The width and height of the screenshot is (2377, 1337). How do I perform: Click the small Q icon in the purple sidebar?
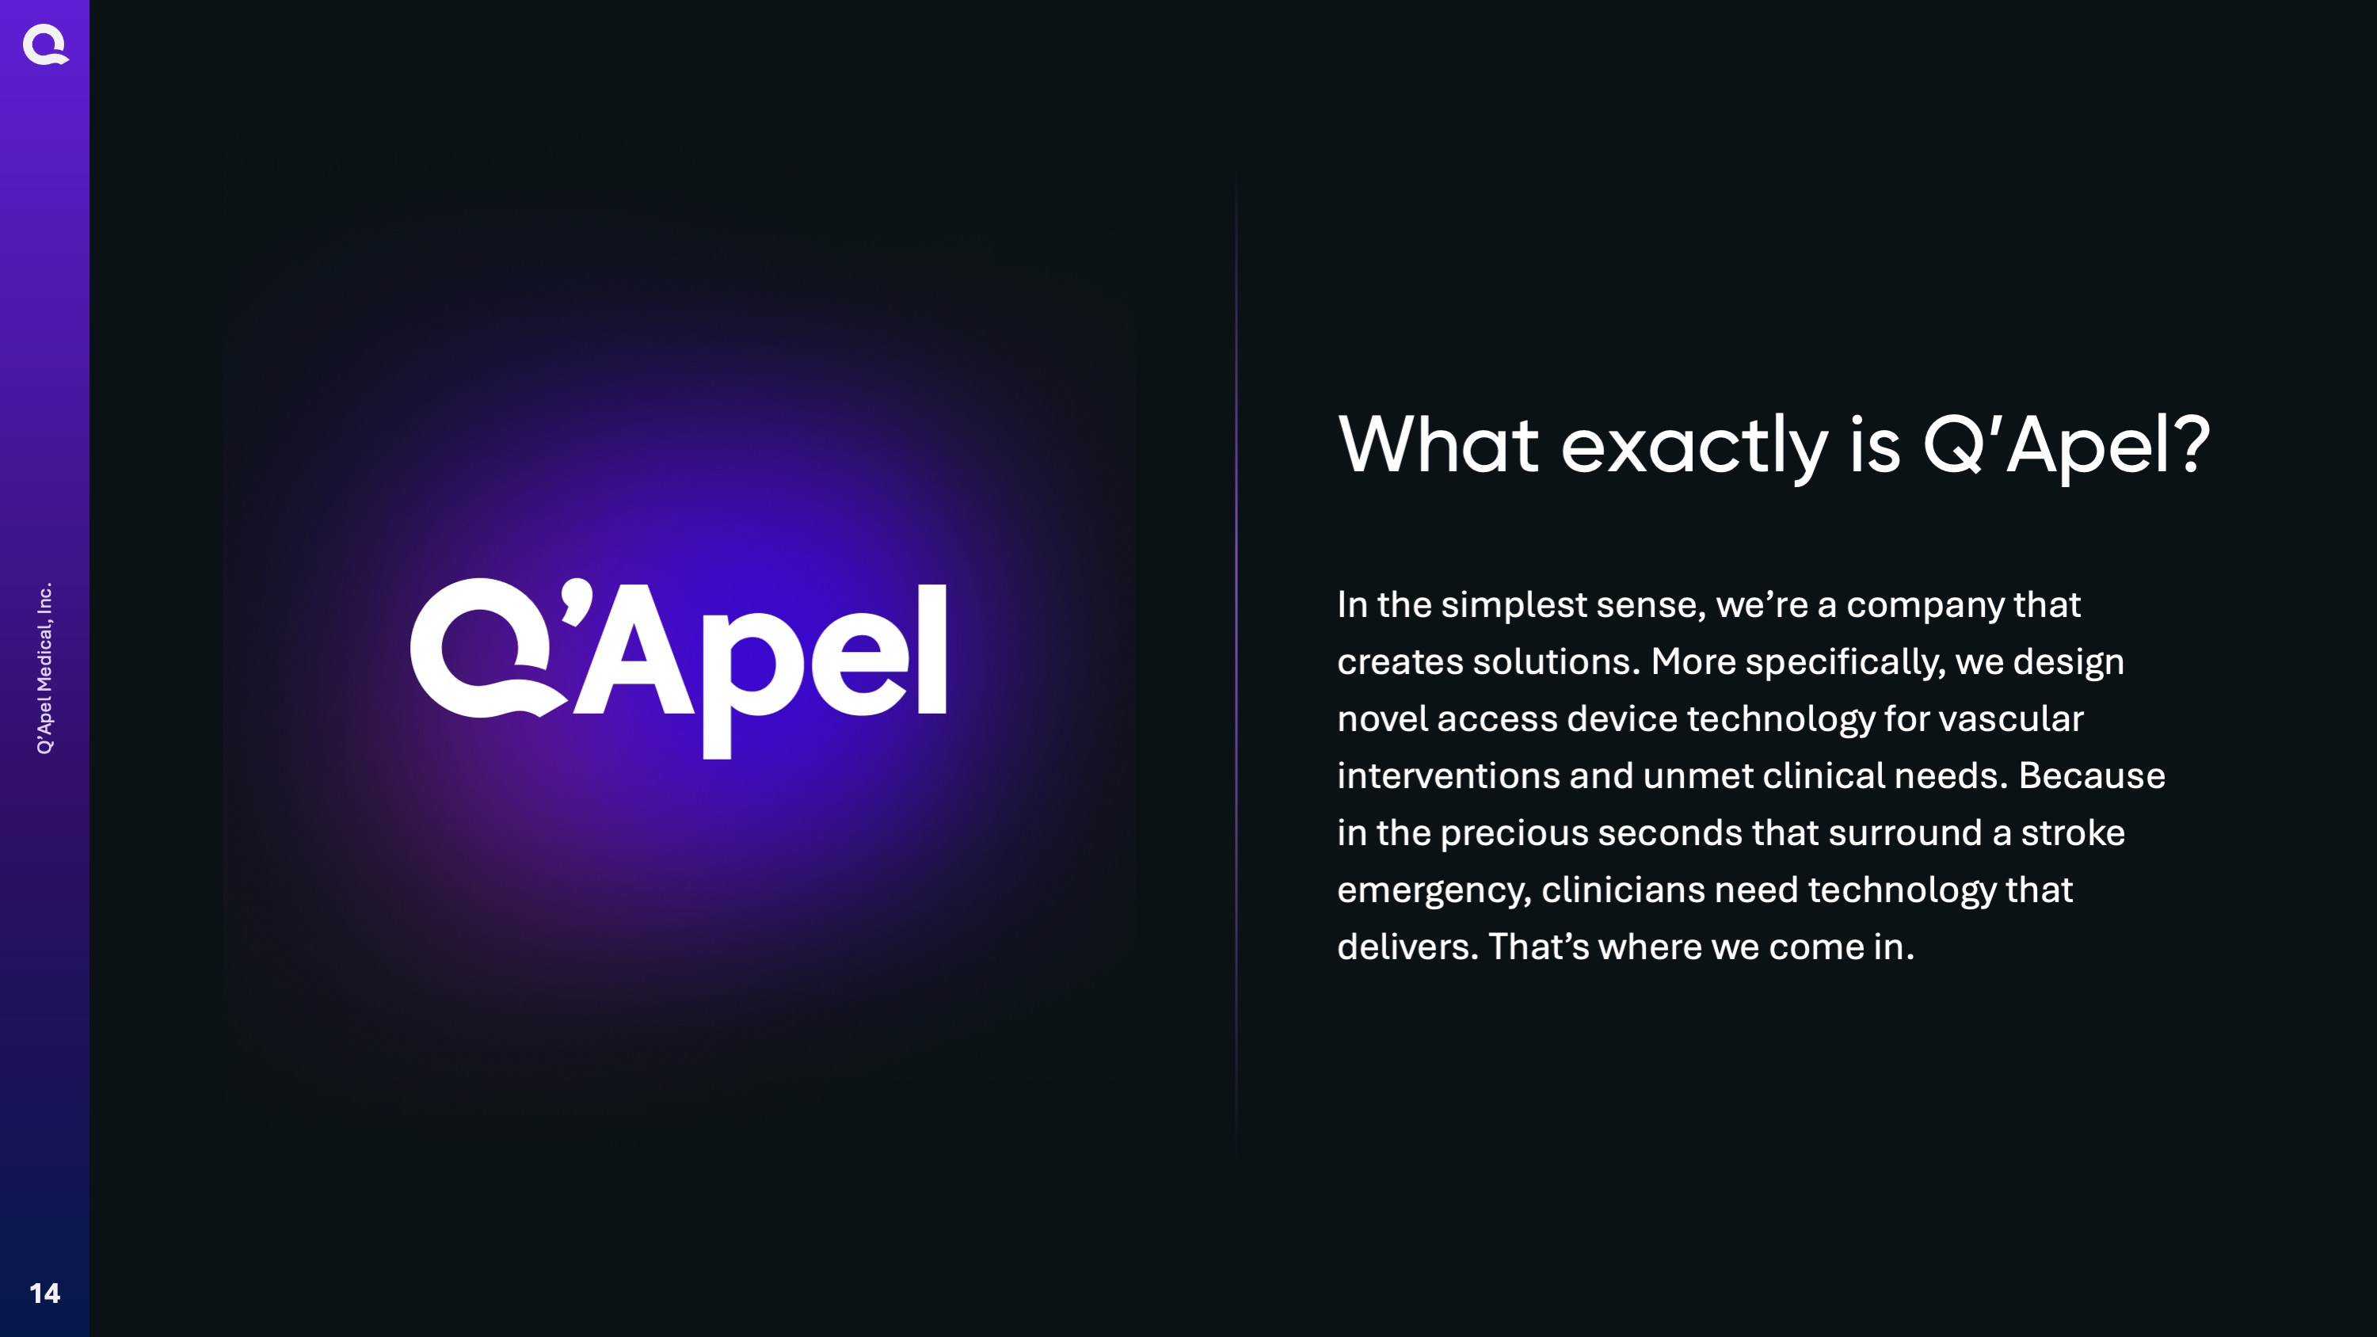tap(45, 45)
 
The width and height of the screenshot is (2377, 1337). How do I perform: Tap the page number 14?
tap(44, 1293)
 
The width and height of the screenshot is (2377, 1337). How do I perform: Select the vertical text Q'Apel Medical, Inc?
tap(44, 668)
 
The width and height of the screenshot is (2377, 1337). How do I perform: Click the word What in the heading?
tap(1438, 445)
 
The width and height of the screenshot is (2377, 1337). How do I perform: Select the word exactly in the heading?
tap(1693, 449)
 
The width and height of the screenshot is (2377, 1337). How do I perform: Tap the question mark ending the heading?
tap(2188, 444)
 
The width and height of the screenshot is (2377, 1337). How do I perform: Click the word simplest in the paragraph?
tap(1514, 605)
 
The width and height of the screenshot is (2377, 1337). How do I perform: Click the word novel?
tap(1382, 718)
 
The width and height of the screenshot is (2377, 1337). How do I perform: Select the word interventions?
tap(1449, 776)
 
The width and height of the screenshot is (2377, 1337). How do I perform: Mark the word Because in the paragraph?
tap(2092, 776)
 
